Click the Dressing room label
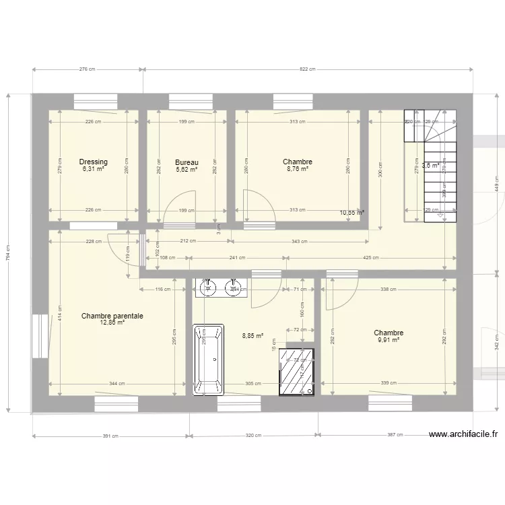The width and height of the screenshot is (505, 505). point(93,162)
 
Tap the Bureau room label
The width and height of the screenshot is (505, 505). point(187,162)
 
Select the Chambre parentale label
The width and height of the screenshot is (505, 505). point(112,315)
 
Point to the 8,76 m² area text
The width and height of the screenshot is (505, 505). point(297,170)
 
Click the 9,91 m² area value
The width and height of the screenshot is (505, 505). point(389,341)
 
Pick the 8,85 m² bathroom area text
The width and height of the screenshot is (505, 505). point(252,335)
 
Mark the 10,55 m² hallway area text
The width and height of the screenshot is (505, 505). point(351,213)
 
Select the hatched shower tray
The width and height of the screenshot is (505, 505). point(296,370)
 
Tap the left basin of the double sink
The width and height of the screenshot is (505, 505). point(209,289)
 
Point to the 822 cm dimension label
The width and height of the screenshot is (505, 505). point(308,69)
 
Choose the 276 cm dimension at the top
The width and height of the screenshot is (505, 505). point(88,69)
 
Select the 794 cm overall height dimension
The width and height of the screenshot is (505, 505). point(8,252)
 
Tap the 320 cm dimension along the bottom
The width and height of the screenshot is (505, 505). point(252,436)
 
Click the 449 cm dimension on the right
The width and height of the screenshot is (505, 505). point(497,178)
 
